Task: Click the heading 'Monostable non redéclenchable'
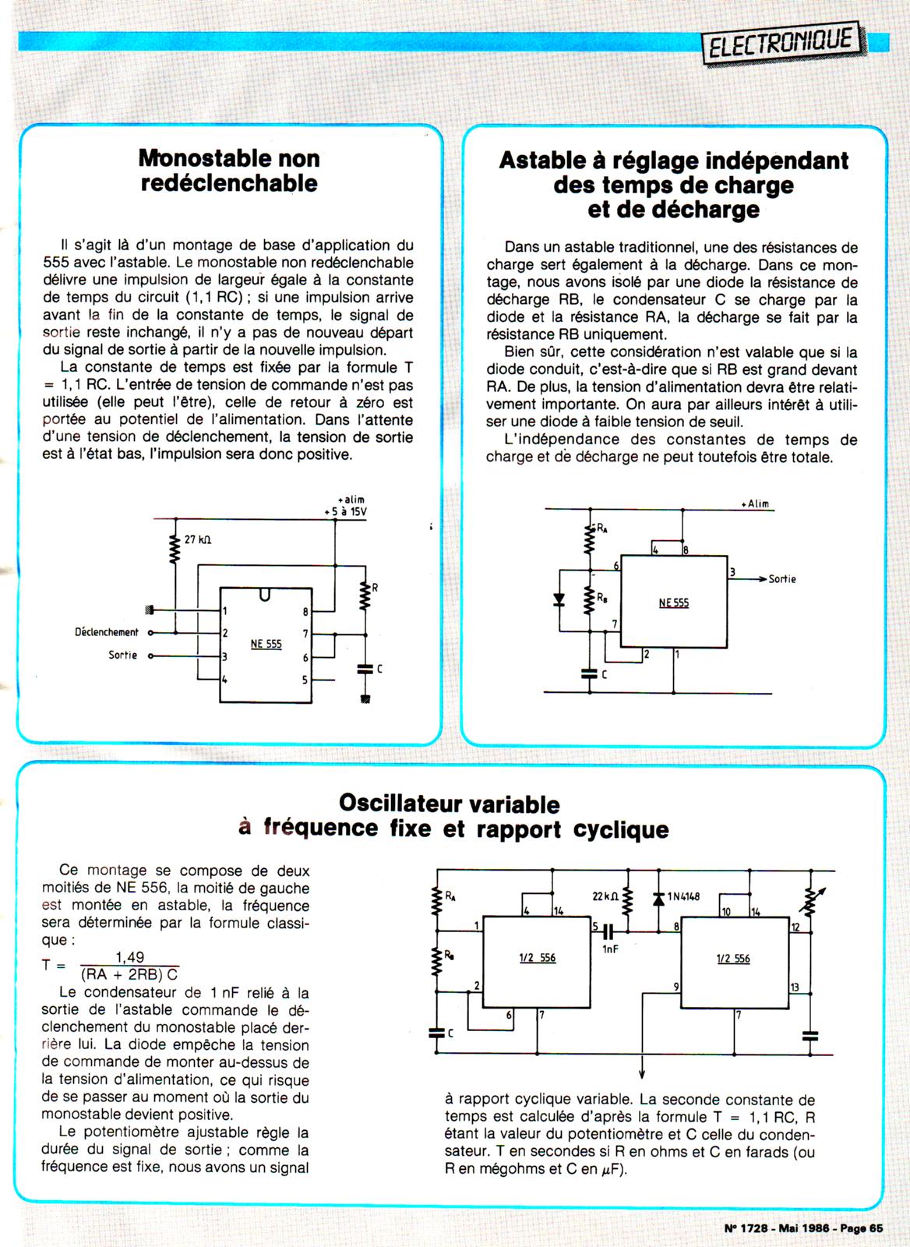pos(229,171)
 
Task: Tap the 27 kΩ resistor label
pos(198,539)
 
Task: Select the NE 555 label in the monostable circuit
pos(266,644)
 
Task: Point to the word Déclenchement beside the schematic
pos(107,632)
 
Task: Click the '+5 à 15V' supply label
pos(345,512)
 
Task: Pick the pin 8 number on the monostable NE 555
pos(305,612)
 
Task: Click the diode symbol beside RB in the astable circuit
pos(558,599)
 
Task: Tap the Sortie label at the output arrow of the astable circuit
pos(782,579)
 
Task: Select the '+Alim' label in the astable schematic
pos(755,503)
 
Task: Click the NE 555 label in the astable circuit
pos(674,602)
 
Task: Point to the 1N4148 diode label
pos(683,896)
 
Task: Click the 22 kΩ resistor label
pos(605,896)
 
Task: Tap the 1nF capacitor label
pos(610,949)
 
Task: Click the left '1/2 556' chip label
pos(538,958)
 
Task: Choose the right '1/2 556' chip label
pos(733,959)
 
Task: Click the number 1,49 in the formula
pos(129,957)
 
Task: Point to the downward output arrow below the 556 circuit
pos(643,1072)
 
